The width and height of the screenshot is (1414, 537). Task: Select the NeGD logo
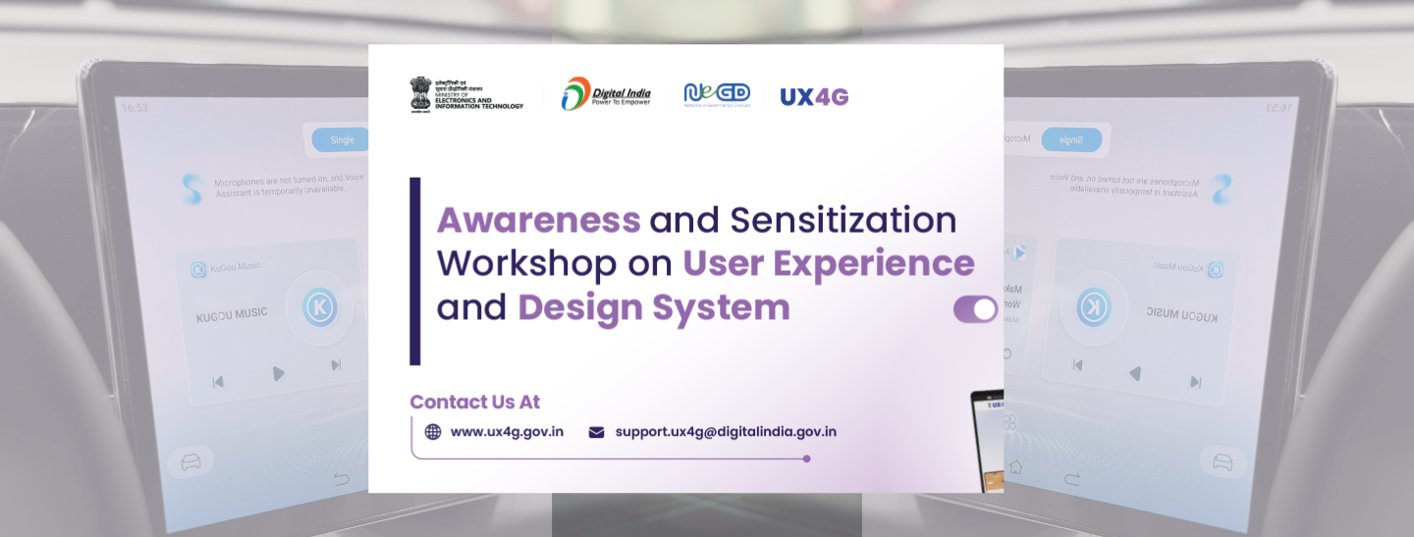pos(717,95)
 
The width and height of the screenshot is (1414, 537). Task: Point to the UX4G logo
pos(814,96)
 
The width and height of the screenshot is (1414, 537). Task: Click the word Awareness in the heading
pos(538,220)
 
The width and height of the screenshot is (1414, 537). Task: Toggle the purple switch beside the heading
pos(975,309)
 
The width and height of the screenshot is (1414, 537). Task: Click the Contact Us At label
pos(474,402)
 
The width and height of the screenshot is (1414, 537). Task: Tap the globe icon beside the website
pos(433,432)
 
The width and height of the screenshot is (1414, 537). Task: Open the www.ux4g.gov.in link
pos(507,432)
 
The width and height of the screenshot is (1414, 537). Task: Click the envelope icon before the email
pos(596,432)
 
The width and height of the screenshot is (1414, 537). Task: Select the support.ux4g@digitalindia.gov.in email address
pos(726,432)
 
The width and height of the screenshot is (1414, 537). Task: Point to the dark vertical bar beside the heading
pos(414,271)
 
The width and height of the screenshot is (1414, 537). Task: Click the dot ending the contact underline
pos(807,458)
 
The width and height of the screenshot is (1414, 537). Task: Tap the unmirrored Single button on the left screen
pos(341,139)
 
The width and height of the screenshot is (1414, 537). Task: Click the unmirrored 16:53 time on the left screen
pos(135,107)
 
